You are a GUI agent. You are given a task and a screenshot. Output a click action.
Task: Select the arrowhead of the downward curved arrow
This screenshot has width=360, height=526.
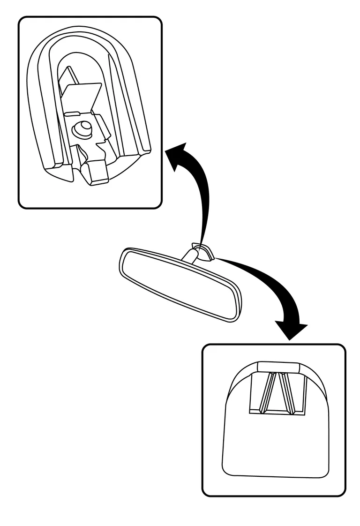click(291, 329)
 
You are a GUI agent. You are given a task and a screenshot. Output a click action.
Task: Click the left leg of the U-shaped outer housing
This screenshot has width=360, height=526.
click(45, 117)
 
